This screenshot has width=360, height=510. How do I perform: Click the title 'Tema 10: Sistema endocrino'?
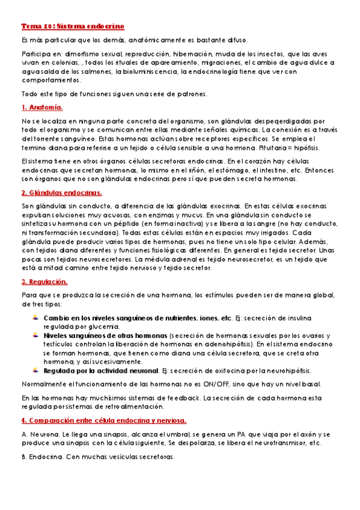(x=73, y=27)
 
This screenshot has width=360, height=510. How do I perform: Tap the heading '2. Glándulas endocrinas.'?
(x=61, y=192)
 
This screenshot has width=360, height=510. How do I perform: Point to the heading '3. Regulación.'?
(x=44, y=281)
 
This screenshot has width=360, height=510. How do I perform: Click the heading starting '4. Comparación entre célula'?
(x=103, y=420)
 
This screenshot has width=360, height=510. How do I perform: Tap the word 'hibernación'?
(x=188, y=54)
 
